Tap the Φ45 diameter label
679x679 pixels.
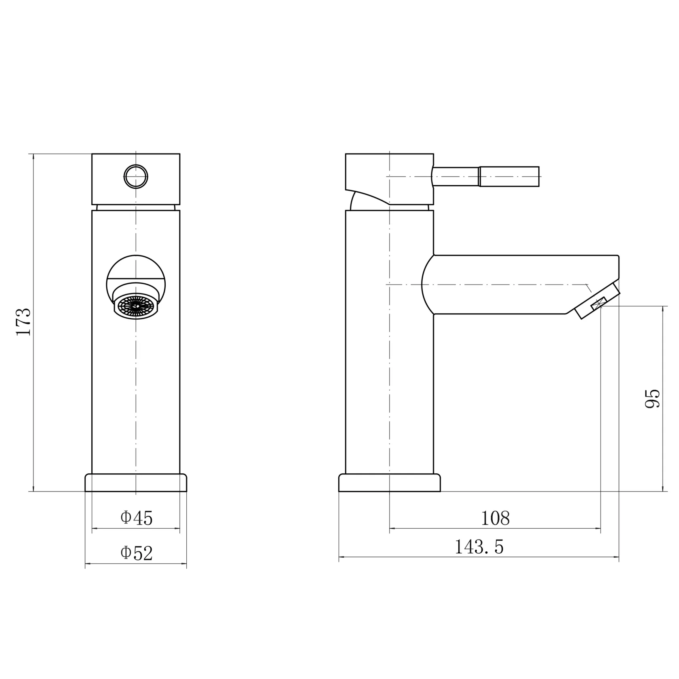click(137, 518)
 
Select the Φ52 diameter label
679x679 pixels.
click(137, 553)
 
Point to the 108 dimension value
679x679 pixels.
click(495, 518)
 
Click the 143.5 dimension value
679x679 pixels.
click(479, 547)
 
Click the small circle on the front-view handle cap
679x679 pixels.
click(136, 177)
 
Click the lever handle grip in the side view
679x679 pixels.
click(509, 177)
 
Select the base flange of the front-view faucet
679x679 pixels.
click(136, 483)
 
